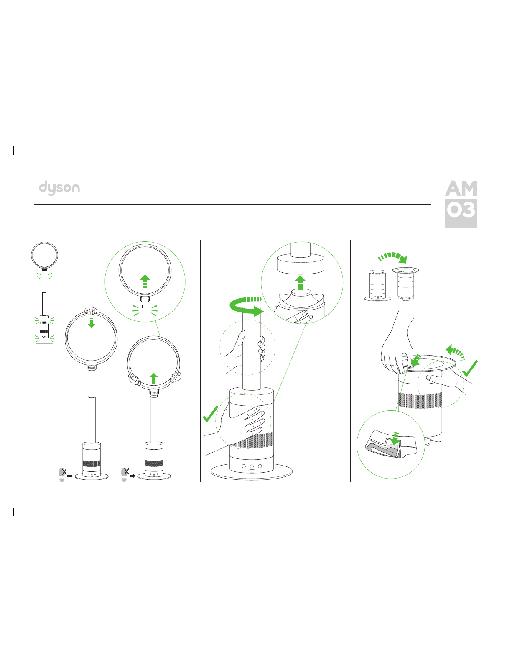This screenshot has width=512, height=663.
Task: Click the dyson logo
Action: (x=59, y=188)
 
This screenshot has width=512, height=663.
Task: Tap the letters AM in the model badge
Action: (x=461, y=188)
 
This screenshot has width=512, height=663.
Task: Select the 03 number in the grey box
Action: (x=461, y=210)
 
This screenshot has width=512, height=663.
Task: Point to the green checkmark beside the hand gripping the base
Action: (x=210, y=414)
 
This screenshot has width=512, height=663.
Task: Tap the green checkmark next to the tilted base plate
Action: (x=470, y=369)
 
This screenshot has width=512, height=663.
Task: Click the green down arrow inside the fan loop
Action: (x=91, y=322)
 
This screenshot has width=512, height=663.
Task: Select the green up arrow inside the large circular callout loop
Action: (x=145, y=282)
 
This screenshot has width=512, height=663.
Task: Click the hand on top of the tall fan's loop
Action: (x=91, y=311)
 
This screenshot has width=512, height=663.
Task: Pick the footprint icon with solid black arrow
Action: (x=65, y=474)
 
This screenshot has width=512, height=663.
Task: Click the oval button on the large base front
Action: (x=252, y=471)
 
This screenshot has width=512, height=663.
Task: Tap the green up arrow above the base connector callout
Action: (x=300, y=282)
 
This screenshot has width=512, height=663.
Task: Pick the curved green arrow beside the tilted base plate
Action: (x=455, y=352)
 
